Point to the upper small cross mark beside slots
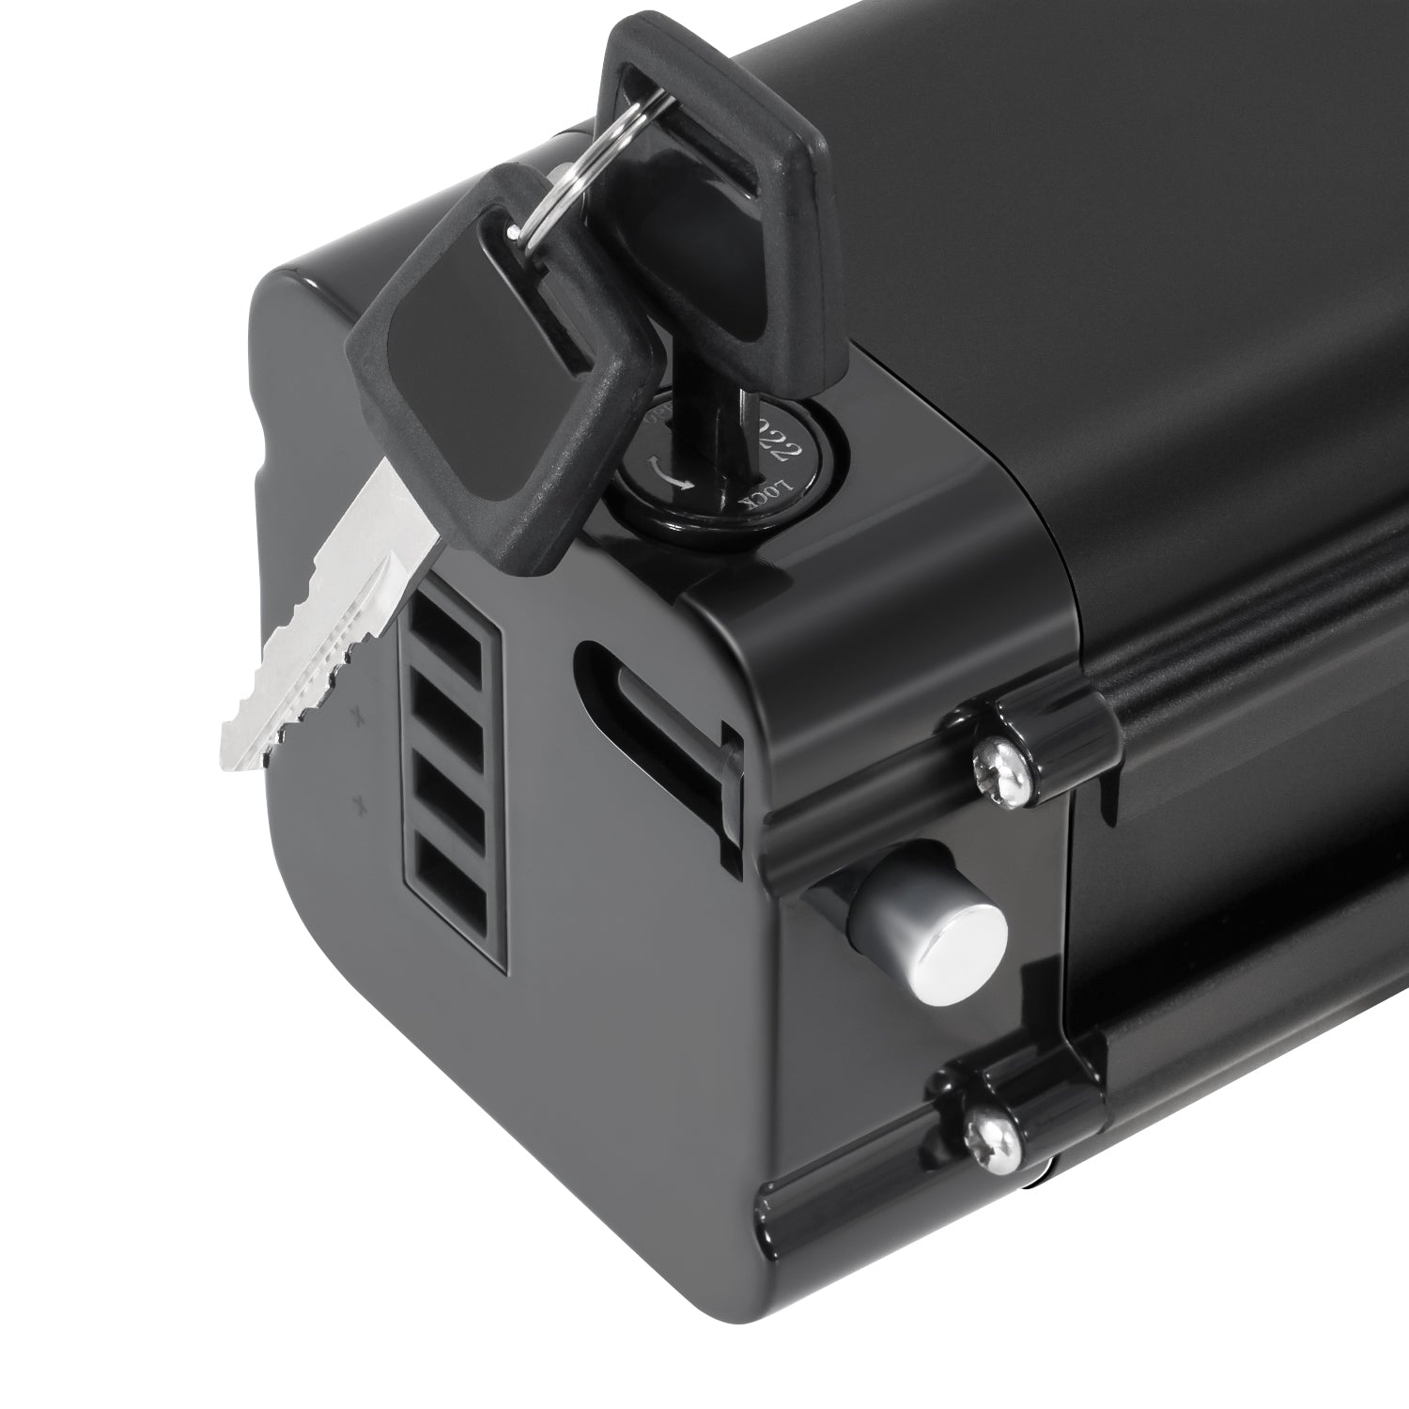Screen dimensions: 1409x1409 (357, 718)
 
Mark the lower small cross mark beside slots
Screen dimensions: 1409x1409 (358, 803)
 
